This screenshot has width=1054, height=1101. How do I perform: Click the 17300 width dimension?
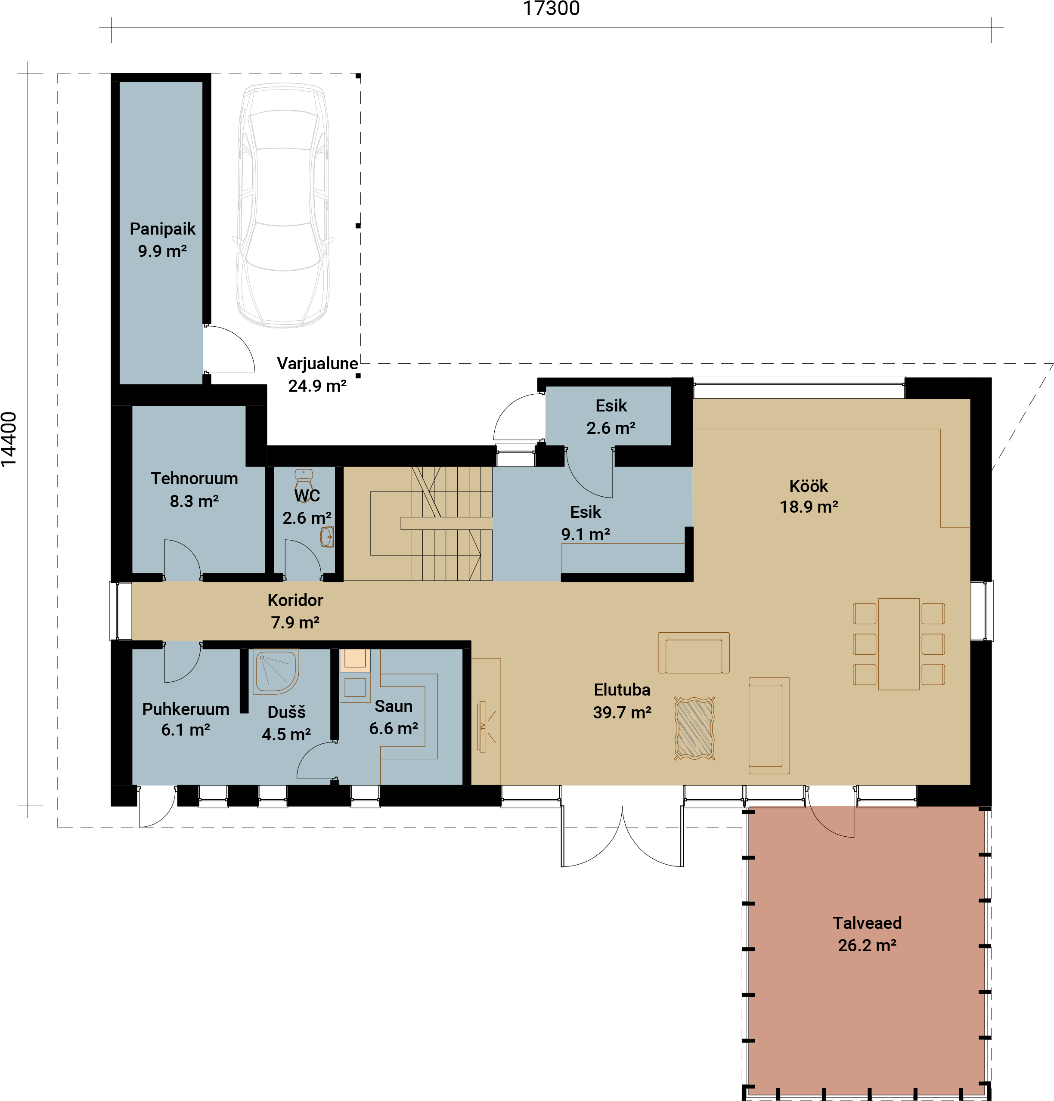click(551, 9)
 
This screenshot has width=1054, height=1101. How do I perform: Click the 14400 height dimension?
click(9, 439)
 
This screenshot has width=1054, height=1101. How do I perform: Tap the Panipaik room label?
click(162, 229)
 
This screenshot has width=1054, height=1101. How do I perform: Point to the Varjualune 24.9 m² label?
click(317, 374)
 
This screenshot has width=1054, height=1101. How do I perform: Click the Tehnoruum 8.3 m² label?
click(194, 489)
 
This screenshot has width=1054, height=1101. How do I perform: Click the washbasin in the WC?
click(327, 536)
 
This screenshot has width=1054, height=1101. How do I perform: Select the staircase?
click(431, 523)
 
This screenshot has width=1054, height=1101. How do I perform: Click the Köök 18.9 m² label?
click(809, 496)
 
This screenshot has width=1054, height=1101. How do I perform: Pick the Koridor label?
click(295, 600)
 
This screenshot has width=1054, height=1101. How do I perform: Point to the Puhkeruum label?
click(186, 709)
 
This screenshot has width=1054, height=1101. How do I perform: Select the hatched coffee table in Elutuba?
click(694, 729)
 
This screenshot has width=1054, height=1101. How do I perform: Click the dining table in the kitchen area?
click(899, 644)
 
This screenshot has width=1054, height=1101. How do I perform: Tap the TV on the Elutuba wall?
click(481, 726)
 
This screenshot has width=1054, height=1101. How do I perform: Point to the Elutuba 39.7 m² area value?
click(622, 712)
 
